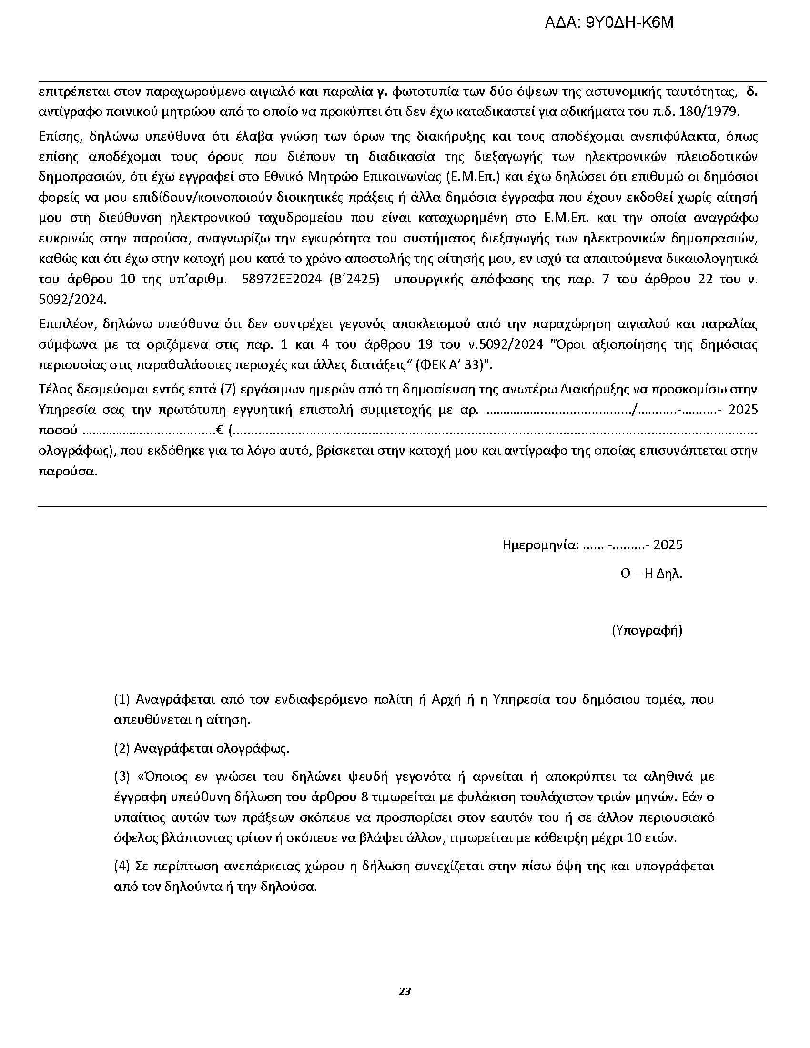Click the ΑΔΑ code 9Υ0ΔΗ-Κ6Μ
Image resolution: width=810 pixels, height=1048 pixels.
pyautogui.click(x=609, y=22)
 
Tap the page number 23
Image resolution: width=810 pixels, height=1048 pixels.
pyautogui.click(x=405, y=991)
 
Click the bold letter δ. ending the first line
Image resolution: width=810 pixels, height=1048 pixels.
pyautogui.click(x=752, y=91)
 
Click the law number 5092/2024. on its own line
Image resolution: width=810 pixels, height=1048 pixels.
pyautogui.click(x=72, y=300)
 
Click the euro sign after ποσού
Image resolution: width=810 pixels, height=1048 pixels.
pyautogui.click(x=220, y=430)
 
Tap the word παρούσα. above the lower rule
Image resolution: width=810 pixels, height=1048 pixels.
pyautogui.click(x=68, y=471)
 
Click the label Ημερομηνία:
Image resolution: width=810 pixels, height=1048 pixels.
pyautogui.click(x=541, y=544)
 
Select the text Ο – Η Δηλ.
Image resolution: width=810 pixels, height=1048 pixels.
pyautogui.click(x=651, y=574)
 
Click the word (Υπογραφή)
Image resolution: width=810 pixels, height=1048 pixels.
pyautogui.click(x=647, y=630)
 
